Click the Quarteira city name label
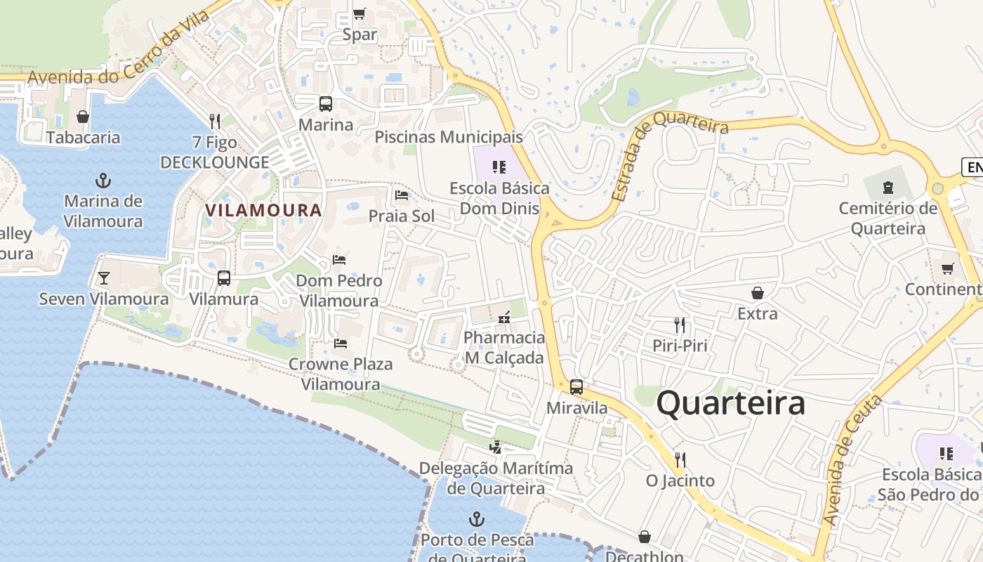730,404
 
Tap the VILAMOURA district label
263,210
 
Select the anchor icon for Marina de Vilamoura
103,181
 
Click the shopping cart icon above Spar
359,13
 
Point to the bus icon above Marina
326,104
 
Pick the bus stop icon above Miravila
576,386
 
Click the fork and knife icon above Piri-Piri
679,325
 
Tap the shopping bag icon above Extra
757,293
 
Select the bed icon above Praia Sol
402,195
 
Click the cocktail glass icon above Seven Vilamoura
104,278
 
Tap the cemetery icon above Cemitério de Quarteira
888,188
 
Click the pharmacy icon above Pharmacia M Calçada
503,318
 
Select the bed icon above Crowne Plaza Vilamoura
341,344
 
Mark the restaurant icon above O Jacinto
680,460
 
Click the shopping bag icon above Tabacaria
83,117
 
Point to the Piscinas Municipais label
449,137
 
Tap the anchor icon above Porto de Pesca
477,520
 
